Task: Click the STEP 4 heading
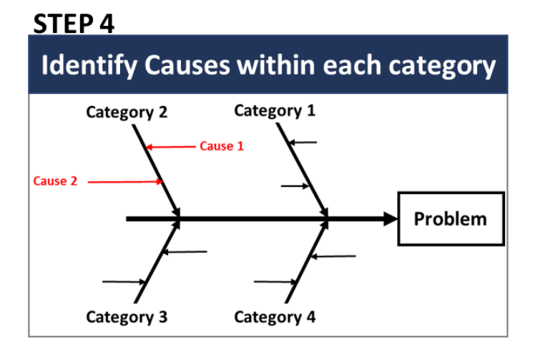tap(74, 24)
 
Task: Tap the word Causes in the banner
tap(187, 65)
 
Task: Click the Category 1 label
tap(275, 112)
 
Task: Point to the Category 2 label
tap(127, 112)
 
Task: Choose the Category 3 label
tap(127, 317)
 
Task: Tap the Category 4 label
tap(275, 317)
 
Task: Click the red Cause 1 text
tap(222, 146)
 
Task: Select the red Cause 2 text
tap(55, 181)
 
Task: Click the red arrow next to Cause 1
tap(171, 147)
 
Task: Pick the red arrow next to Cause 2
tap(125, 182)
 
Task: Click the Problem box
tap(451, 219)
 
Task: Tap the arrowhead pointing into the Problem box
tap(391, 219)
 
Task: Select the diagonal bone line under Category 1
tap(303, 170)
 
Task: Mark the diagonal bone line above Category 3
tap(157, 261)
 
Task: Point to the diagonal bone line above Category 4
tap(307, 261)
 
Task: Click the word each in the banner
tap(352, 65)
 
